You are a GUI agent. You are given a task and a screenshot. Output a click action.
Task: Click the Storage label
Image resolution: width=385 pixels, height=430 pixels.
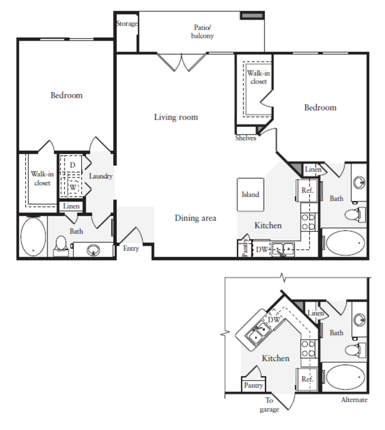point(127,24)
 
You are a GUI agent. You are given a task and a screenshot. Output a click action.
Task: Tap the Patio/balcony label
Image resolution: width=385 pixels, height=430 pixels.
point(202,31)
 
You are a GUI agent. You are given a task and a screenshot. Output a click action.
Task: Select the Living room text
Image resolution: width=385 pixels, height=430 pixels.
point(176,117)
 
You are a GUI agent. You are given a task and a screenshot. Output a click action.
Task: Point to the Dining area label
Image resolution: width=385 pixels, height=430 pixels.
point(196,218)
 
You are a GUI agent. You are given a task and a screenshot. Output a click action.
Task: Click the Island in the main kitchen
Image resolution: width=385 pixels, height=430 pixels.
point(250,195)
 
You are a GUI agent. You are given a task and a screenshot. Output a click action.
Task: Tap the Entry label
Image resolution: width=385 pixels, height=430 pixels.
point(131,248)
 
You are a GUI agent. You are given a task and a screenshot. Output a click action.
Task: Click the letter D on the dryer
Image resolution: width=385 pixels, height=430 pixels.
point(73,165)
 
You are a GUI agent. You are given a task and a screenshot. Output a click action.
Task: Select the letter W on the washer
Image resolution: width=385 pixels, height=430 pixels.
point(73,187)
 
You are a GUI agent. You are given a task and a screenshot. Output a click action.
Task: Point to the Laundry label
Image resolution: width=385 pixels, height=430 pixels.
point(101,176)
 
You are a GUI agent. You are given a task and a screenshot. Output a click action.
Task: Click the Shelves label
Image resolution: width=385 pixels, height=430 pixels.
point(246,138)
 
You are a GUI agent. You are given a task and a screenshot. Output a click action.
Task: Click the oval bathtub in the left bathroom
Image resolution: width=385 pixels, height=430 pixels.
point(33,238)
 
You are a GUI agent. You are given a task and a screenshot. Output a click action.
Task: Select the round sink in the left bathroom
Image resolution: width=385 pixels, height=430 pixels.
point(93,250)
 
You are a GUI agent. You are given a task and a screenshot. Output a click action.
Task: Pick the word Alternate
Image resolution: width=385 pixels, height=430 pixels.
point(354,400)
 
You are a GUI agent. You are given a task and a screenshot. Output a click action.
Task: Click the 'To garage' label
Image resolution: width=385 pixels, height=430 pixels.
point(269,405)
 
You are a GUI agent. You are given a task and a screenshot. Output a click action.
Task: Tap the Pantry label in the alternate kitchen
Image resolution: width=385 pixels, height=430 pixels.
point(253,385)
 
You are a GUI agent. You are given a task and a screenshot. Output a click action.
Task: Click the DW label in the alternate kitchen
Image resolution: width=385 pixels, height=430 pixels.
point(274,319)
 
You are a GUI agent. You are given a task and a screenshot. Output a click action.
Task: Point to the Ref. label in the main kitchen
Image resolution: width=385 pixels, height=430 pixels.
point(308,190)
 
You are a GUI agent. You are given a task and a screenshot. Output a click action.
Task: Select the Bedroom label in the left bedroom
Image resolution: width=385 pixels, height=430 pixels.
point(66,95)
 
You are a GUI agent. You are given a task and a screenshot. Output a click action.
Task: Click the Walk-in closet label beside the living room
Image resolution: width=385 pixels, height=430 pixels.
point(258,77)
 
